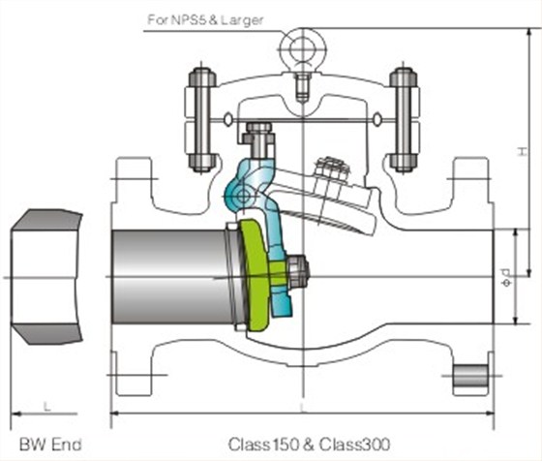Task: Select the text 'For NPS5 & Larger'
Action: click(x=205, y=19)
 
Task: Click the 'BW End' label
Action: click(x=50, y=445)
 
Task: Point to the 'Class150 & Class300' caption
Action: click(x=309, y=445)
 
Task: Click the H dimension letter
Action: click(x=523, y=151)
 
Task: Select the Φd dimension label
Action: click(x=506, y=277)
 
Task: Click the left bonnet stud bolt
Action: click(x=201, y=120)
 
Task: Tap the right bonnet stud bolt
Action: click(x=404, y=120)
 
